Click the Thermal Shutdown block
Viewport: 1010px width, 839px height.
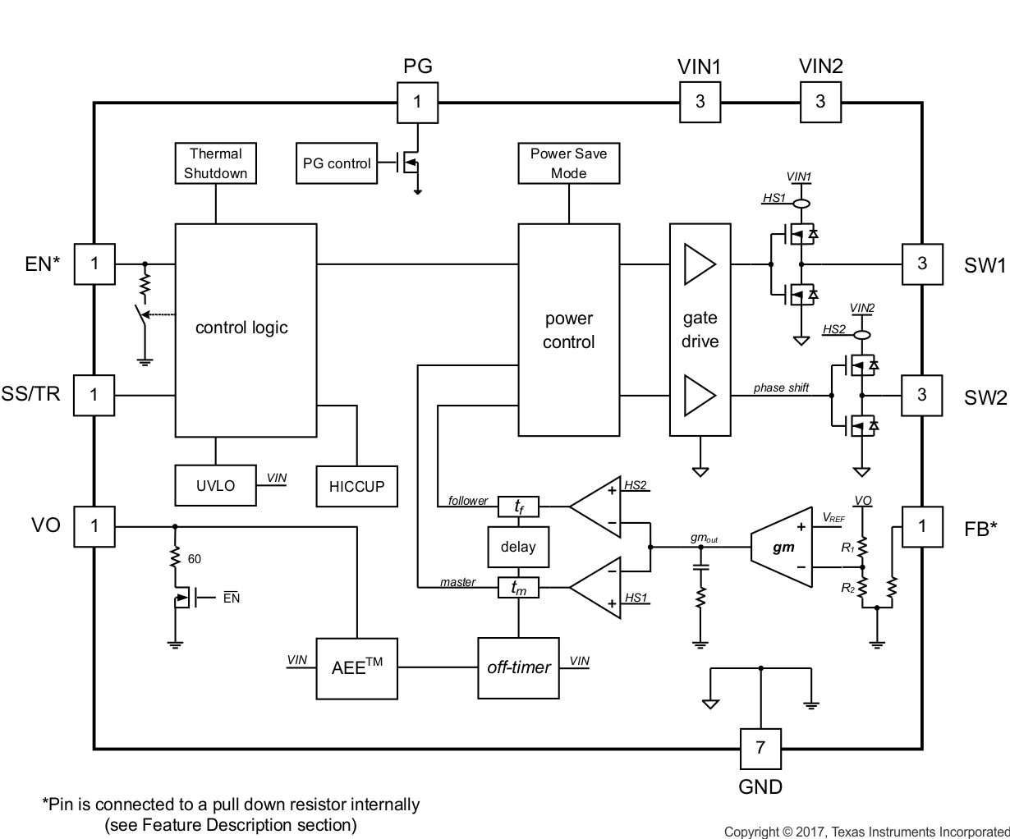coord(216,163)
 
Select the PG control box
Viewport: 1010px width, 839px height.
coord(337,163)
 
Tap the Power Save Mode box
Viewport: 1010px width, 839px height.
coord(568,163)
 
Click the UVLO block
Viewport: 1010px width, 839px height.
coord(215,486)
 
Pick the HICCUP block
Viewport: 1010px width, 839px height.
coord(356,487)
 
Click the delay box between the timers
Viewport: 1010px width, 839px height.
coord(518,547)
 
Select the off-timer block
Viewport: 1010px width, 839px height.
coord(518,667)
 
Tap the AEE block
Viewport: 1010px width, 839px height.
coord(356,667)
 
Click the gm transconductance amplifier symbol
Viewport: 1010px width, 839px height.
coord(782,548)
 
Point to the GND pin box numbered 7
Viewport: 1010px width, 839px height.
coord(760,748)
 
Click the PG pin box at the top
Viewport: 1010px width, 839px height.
coord(417,102)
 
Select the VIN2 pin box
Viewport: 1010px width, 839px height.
coord(820,102)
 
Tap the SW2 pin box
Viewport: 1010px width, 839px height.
coord(921,395)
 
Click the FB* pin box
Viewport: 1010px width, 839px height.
coord(921,526)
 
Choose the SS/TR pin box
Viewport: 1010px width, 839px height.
coord(94,395)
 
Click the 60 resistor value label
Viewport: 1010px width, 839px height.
coord(195,559)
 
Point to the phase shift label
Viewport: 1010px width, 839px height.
coord(781,387)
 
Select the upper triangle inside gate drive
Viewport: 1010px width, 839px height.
coord(700,264)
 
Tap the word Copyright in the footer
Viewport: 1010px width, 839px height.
coord(751,832)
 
